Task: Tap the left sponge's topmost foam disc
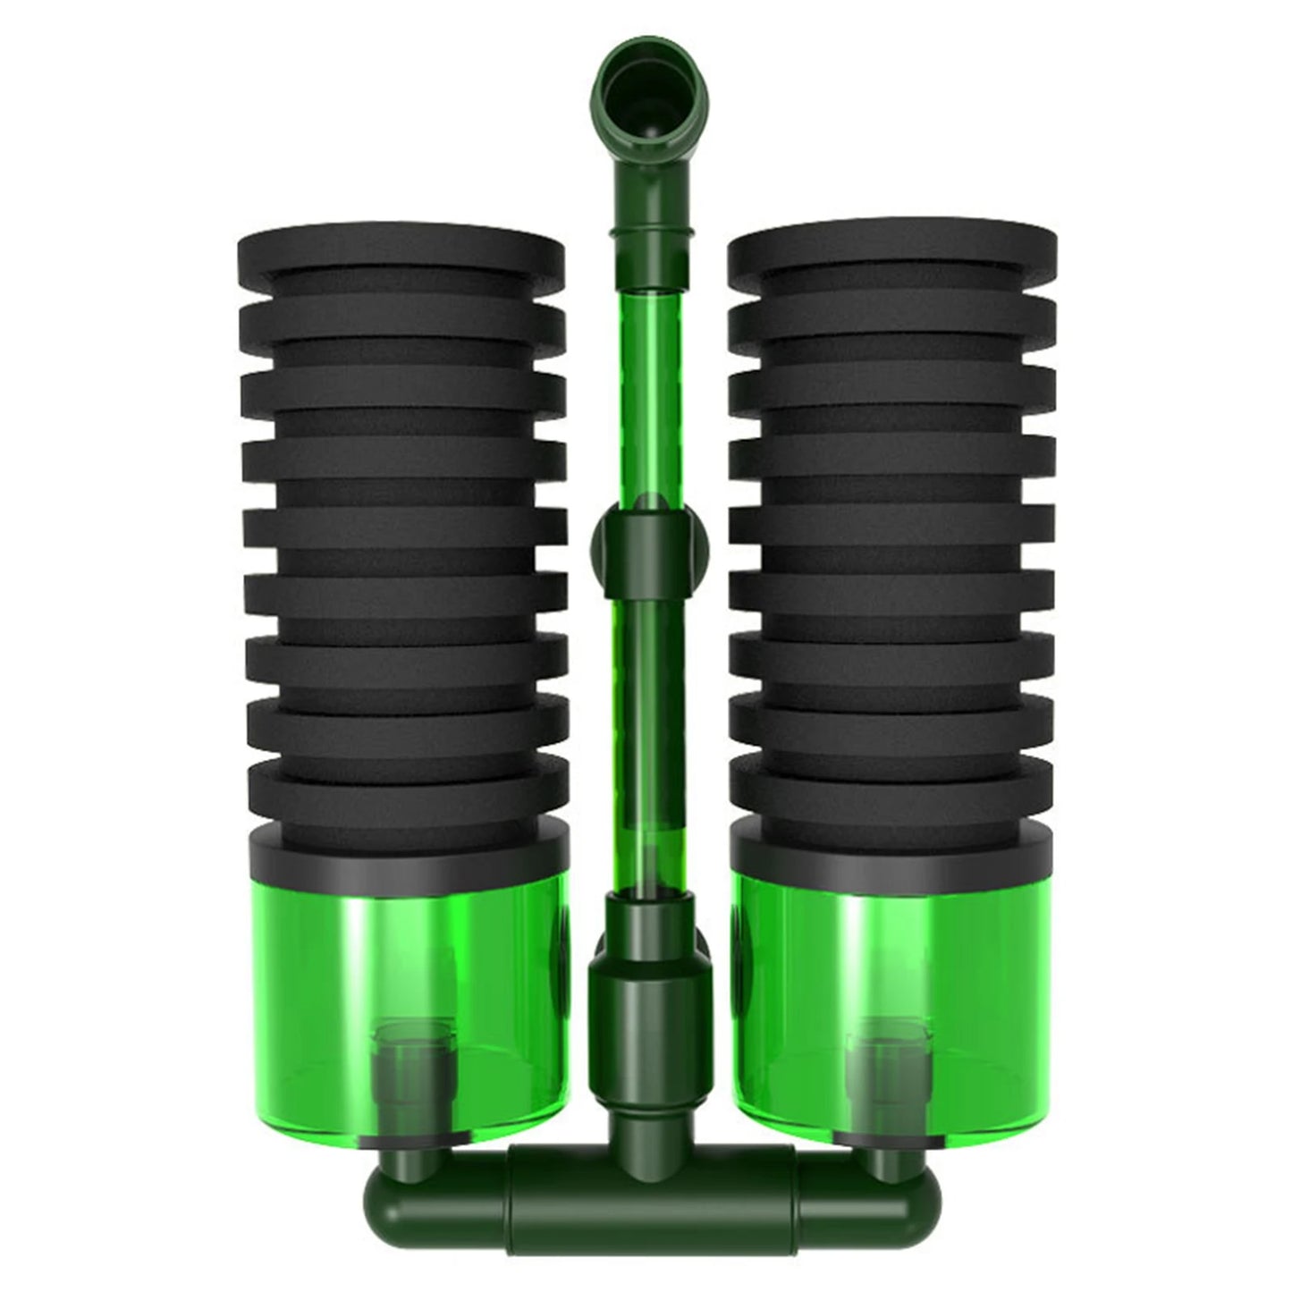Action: coord(402,255)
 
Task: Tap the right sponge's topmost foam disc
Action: coord(891,255)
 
